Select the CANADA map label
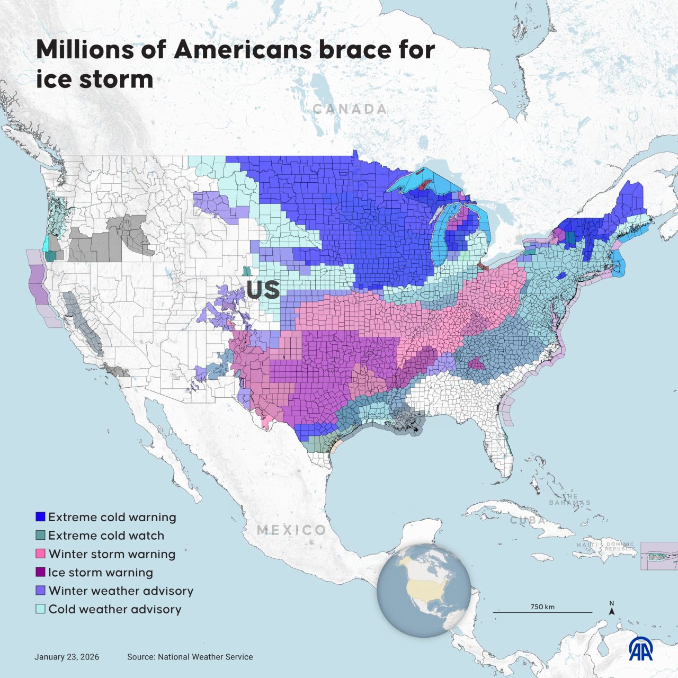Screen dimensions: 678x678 click(350, 109)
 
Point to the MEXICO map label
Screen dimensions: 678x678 click(292, 530)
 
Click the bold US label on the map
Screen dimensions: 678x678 click(263, 290)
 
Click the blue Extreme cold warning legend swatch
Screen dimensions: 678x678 click(40, 517)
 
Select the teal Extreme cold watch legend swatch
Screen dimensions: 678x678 click(40, 536)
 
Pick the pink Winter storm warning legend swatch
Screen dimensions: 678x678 click(40, 554)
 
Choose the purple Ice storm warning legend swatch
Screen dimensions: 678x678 click(40, 573)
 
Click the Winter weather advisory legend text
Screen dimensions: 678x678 click(121, 591)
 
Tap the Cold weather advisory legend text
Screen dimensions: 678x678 click(115, 609)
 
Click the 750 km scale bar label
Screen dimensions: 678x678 click(542, 606)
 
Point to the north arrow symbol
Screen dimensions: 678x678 click(612, 609)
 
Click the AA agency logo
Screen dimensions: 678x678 click(640, 648)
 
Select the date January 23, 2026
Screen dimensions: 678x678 click(67, 657)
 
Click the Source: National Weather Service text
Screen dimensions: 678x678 click(190, 657)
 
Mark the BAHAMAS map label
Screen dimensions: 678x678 click(569, 500)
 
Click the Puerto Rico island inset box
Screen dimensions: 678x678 click(659, 556)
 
